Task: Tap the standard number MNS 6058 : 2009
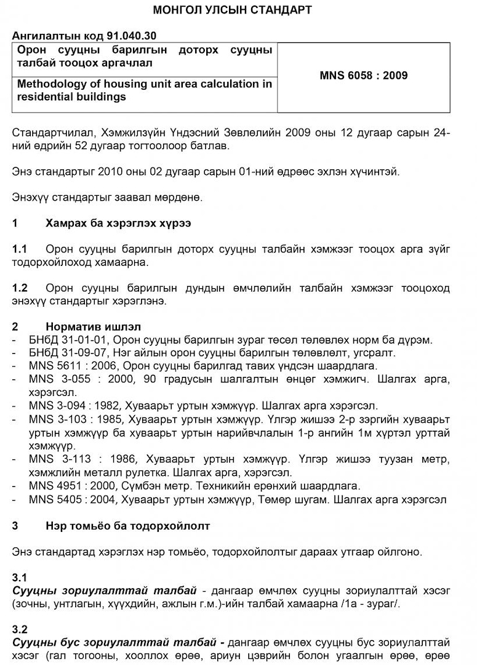363,76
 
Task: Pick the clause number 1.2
20,288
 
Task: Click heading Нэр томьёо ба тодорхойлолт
127,526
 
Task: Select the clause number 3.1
20,578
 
